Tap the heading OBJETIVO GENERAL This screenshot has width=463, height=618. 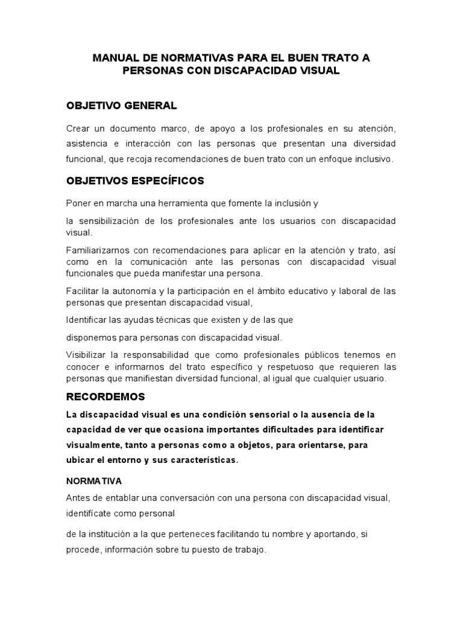click(121, 106)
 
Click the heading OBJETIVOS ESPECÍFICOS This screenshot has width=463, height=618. click(135, 180)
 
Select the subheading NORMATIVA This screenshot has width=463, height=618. click(93, 482)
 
